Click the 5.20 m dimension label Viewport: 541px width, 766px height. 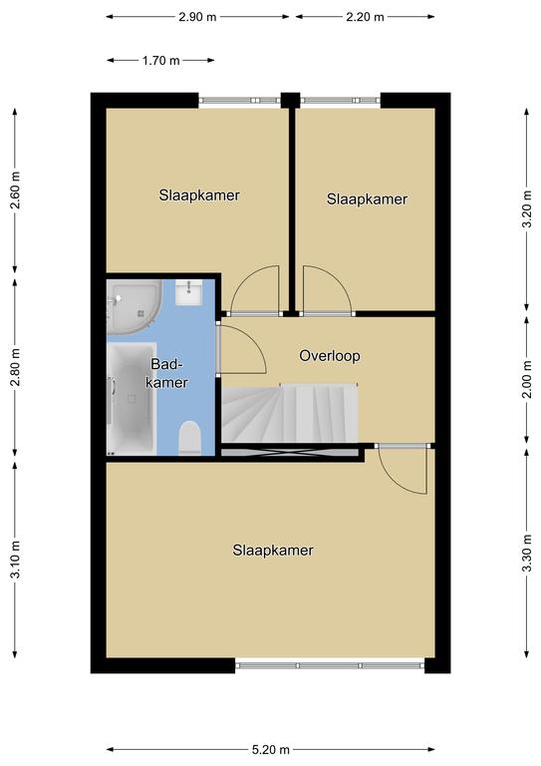[271, 749]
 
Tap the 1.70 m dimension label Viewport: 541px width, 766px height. [160, 61]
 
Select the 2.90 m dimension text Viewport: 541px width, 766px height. [197, 17]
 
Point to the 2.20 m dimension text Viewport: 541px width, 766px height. [365, 17]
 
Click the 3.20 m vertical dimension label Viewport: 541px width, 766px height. [527, 208]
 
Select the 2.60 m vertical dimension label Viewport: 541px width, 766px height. [15, 191]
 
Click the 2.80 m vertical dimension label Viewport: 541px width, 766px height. [15, 367]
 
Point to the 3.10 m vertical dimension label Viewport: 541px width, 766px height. [15, 560]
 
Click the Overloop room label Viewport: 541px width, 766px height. [330, 356]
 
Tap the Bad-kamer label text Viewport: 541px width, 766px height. [166, 373]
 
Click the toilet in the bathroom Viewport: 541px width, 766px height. [190, 438]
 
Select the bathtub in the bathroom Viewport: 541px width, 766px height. [132, 398]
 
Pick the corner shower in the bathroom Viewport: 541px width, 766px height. [134, 306]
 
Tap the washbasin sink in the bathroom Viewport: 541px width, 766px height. [188, 292]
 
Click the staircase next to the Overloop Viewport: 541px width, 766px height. [290, 413]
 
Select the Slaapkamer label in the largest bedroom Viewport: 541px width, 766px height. [273, 551]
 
